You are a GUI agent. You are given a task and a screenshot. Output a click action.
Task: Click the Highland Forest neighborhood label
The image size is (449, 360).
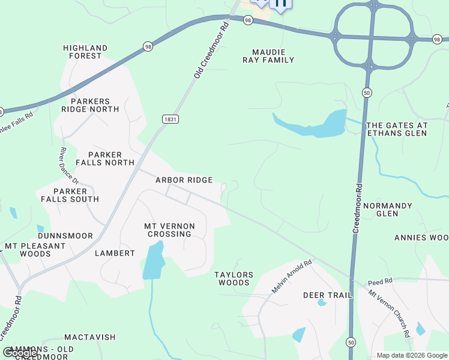(85, 52)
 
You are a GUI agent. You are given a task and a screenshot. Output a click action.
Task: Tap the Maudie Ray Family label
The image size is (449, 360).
(268, 56)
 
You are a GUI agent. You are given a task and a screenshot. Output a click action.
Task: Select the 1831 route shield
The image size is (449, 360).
(170, 119)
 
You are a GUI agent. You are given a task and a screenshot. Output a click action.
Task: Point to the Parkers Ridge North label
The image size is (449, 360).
(90, 106)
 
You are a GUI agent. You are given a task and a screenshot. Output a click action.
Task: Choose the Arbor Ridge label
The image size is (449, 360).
(184, 180)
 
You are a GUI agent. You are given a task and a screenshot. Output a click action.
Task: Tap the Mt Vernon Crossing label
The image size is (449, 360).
(169, 230)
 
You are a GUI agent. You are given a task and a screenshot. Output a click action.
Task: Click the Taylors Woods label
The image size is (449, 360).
(234, 278)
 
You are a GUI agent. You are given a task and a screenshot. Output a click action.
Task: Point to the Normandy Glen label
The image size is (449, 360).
(387, 209)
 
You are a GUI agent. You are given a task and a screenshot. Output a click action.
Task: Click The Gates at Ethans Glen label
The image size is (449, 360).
(397, 129)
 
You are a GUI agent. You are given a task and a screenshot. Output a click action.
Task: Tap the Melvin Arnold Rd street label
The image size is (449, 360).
(292, 276)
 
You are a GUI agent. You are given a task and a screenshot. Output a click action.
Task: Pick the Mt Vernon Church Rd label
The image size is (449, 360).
(390, 313)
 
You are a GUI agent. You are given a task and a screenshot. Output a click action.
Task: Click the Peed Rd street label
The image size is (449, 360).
(380, 281)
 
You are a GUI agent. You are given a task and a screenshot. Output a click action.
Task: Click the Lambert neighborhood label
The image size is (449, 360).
(115, 253)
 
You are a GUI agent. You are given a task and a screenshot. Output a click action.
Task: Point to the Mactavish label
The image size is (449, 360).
(89, 337)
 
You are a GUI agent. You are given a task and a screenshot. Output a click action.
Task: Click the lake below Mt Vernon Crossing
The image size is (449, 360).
(154, 260)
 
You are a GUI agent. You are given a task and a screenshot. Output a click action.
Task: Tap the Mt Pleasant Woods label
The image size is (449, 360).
(35, 250)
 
